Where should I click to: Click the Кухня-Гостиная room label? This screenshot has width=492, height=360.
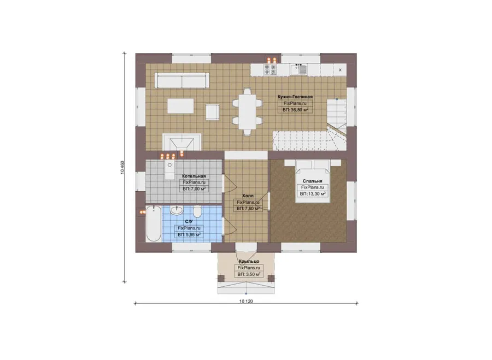click(295, 97)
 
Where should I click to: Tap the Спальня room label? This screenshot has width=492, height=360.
click(312, 181)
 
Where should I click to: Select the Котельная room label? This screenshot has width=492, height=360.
click(194, 176)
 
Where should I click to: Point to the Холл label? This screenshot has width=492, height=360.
click(248, 196)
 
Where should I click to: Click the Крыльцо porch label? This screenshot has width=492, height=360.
click(249, 261)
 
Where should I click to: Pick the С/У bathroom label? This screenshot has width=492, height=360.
click(189, 222)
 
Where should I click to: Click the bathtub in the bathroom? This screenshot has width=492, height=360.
click(154, 223)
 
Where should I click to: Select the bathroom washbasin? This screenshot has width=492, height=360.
click(177, 210)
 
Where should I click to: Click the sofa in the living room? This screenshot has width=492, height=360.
click(182, 80)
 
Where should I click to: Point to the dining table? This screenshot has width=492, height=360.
click(247, 111)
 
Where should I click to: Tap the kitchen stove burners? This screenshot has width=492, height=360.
click(270, 70)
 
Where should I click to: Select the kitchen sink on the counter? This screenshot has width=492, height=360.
click(298, 69)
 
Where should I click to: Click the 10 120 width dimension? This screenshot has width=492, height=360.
click(246, 302)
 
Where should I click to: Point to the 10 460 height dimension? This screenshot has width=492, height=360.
click(122, 168)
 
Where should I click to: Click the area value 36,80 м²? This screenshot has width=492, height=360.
click(295, 110)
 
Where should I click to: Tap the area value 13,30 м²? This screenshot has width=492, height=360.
click(313, 194)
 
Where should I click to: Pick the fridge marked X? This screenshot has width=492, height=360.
click(340, 70)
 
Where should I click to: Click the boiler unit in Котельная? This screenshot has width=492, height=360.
click(170, 170)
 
